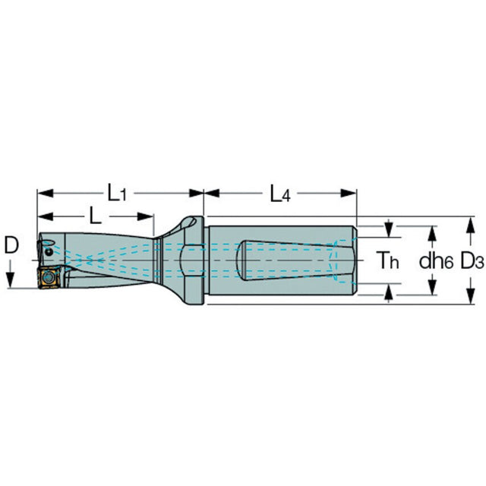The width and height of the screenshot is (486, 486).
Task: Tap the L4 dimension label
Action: [x=280, y=194]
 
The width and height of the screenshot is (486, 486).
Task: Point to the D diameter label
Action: [x=11, y=245]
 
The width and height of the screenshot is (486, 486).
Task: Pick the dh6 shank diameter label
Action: [x=436, y=260]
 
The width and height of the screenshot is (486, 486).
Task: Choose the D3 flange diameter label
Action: [x=472, y=260]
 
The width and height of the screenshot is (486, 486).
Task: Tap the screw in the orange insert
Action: [x=48, y=276]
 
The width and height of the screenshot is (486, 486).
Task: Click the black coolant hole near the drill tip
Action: [x=49, y=252]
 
